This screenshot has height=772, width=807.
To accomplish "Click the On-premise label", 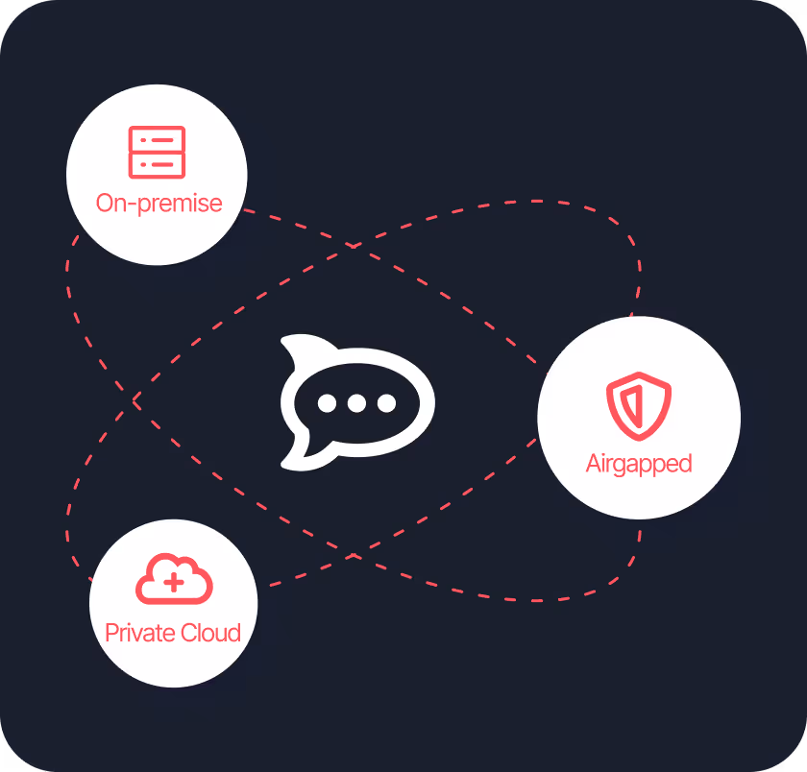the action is [x=159, y=204].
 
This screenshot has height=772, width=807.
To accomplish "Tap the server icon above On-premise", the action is [x=157, y=153].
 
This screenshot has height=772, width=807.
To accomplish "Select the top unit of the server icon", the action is [x=157, y=140].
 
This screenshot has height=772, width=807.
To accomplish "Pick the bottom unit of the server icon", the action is [x=157, y=165].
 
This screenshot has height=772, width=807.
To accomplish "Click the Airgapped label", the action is [x=639, y=464].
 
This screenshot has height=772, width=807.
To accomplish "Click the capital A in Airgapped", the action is [x=594, y=464].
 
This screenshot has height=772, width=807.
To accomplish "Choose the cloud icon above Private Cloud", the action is [x=174, y=580].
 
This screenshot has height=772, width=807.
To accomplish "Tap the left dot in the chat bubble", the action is [x=327, y=403].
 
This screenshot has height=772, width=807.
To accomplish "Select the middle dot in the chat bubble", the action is [x=356, y=403].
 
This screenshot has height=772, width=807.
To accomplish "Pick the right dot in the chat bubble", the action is [x=386, y=403].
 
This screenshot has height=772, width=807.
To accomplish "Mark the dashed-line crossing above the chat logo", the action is [x=354, y=247].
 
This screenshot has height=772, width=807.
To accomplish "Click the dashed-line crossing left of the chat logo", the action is [x=134, y=398].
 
